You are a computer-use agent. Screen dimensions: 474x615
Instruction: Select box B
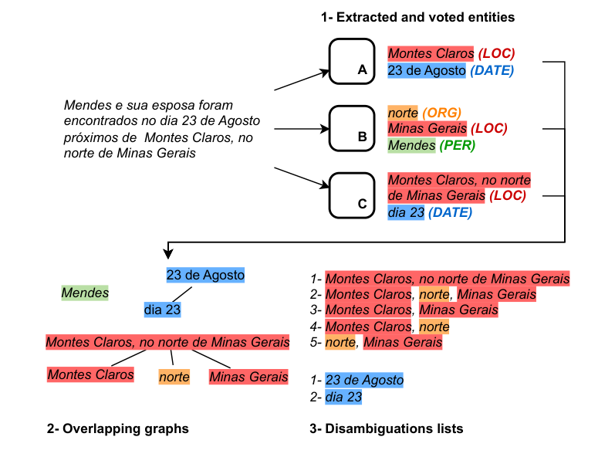tap(352, 127)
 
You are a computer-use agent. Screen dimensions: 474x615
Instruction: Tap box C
tap(352, 194)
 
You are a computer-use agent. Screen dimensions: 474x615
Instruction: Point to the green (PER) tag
tap(456, 145)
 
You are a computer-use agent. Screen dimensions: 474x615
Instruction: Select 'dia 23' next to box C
tap(406, 212)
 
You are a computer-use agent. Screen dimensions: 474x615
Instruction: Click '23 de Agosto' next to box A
tap(427, 71)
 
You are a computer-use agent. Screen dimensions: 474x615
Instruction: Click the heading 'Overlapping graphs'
tap(117, 428)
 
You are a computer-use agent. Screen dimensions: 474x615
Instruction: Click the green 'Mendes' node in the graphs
tap(85, 293)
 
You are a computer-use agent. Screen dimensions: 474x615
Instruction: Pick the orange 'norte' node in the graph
tap(174, 377)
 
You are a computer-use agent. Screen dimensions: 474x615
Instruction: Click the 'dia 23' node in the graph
tap(162, 310)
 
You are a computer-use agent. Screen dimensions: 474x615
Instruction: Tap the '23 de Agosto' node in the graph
tap(205, 274)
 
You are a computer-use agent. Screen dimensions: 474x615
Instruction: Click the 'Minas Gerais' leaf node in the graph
tap(248, 377)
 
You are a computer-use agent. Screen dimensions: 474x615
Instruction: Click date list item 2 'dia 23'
tap(343, 398)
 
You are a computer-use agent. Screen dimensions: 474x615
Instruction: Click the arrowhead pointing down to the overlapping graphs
tap(167, 255)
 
